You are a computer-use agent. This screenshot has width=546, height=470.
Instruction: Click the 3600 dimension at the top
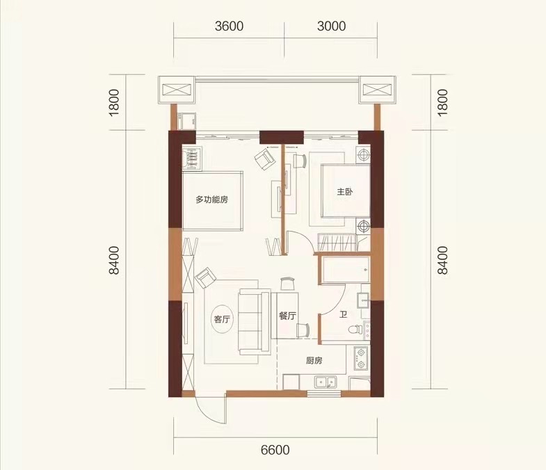coord(229,26)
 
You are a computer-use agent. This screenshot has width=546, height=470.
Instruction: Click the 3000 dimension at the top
coord(331,26)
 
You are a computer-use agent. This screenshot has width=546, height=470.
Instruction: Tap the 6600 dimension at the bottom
coord(275,450)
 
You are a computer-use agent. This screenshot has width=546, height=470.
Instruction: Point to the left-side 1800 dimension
coord(114,103)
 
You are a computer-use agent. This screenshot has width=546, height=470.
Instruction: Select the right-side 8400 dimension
coord(442,260)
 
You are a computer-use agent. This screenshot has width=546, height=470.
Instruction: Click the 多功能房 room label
coord(211,200)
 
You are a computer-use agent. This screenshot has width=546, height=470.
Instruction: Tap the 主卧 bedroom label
coord(345,191)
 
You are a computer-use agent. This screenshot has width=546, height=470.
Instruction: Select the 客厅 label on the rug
coord(222,319)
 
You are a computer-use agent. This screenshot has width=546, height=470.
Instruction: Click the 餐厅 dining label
coord(288,316)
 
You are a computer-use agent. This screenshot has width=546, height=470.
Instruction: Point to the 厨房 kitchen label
coord(314,361)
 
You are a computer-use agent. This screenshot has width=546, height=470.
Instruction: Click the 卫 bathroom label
coord(344,316)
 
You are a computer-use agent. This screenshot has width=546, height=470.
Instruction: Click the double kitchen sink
coord(326,382)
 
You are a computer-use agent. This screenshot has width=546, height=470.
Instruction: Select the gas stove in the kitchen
coord(361,358)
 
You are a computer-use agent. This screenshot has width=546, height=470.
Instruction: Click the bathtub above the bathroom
coord(345,270)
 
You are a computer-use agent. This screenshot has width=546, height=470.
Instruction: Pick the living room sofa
coord(254,322)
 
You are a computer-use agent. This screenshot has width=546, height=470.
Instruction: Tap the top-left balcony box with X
coord(176,90)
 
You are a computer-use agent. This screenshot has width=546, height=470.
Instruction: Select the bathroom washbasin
coord(363,300)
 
